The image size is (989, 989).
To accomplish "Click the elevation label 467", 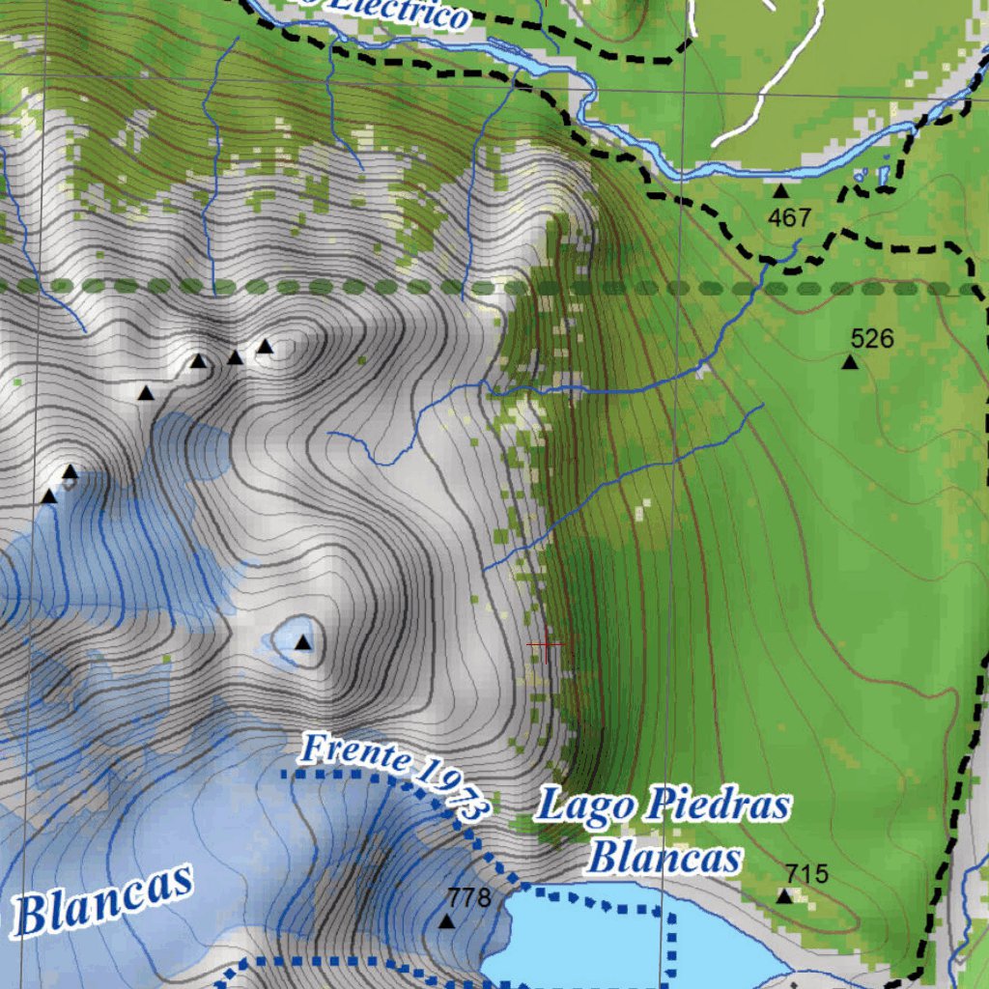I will (789, 218).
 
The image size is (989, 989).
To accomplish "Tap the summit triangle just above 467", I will (780, 191).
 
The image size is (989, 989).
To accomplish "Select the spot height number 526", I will (871, 339).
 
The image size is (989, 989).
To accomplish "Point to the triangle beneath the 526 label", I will (850, 362).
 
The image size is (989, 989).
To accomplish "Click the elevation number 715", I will (806, 874).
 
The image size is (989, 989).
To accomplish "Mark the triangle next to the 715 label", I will (784, 896).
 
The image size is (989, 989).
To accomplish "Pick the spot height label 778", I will (469, 898).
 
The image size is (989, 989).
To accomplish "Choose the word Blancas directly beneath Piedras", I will (665, 857).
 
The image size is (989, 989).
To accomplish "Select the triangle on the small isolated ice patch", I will (303, 642).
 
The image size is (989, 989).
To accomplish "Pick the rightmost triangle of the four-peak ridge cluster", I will (265, 347).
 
